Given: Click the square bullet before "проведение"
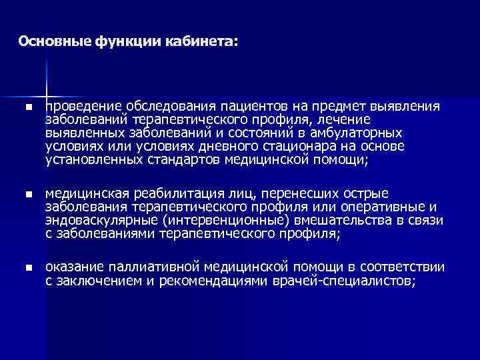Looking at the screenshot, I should tap(27, 108).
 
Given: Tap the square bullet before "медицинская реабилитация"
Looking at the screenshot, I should tap(27, 194).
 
